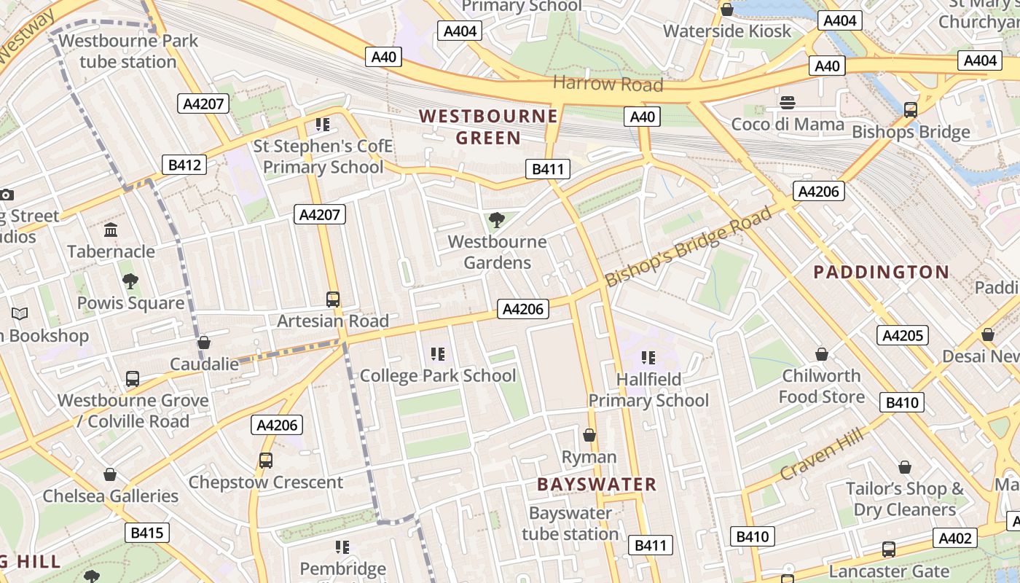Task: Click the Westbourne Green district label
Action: pos(488,127)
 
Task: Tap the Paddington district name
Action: pos(881,273)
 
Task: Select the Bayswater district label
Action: pos(597,484)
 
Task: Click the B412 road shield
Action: pos(184,165)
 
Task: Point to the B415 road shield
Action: pos(146,533)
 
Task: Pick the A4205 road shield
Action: pos(903,335)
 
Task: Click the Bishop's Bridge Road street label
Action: pos(688,246)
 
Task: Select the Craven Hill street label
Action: pos(822,455)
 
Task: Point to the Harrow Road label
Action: pos(608,84)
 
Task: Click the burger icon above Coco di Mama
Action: pos(787,103)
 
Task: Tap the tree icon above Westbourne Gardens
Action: pos(497,219)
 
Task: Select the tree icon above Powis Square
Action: pos(130,281)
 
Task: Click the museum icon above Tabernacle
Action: pos(111,230)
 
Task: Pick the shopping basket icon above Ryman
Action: pos(589,435)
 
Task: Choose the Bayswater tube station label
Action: pos(570,523)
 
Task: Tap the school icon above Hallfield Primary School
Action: pos(648,357)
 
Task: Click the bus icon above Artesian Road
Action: pos(333,299)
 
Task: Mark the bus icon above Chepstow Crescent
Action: pos(265,461)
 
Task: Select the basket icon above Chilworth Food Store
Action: pos(822,354)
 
